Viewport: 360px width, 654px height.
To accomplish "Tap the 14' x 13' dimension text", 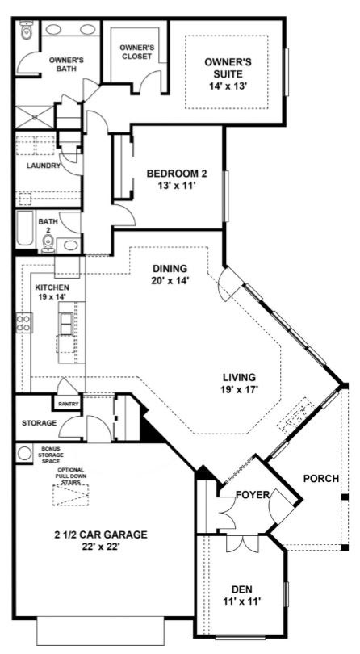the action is [228, 86].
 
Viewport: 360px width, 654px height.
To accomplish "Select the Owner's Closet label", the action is [135, 52].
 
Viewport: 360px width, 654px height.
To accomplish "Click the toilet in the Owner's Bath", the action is [27, 31].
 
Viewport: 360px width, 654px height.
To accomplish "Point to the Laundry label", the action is [44, 166].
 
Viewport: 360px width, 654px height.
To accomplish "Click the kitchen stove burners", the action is [23, 322].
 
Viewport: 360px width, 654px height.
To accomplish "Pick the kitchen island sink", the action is [66, 324].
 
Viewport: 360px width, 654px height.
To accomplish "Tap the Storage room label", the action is [40, 423].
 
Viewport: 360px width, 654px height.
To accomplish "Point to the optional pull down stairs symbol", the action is [71, 495].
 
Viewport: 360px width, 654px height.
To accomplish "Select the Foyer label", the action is [252, 495].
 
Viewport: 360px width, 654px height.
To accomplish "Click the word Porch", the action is [320, 479].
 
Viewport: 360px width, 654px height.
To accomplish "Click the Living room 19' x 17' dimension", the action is [239, 391].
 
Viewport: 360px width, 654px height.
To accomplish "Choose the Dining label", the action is [170, 268].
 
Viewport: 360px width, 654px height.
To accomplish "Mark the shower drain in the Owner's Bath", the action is [35, 117].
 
